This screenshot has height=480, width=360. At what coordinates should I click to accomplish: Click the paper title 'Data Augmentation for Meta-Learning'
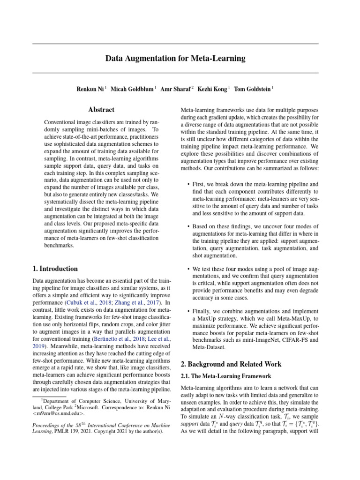click(x=175, y=59)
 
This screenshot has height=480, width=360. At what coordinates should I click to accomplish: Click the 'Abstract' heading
click(x=101, y=110)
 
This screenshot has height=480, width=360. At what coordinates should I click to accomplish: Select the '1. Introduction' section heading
click(x=55, y=269)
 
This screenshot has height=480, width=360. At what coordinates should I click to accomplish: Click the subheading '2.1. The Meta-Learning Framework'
click(x=226, y=376)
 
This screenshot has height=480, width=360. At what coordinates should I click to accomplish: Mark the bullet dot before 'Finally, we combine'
click(x=188, y=311)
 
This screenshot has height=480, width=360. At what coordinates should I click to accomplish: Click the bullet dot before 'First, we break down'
click(x=188, y=184)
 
